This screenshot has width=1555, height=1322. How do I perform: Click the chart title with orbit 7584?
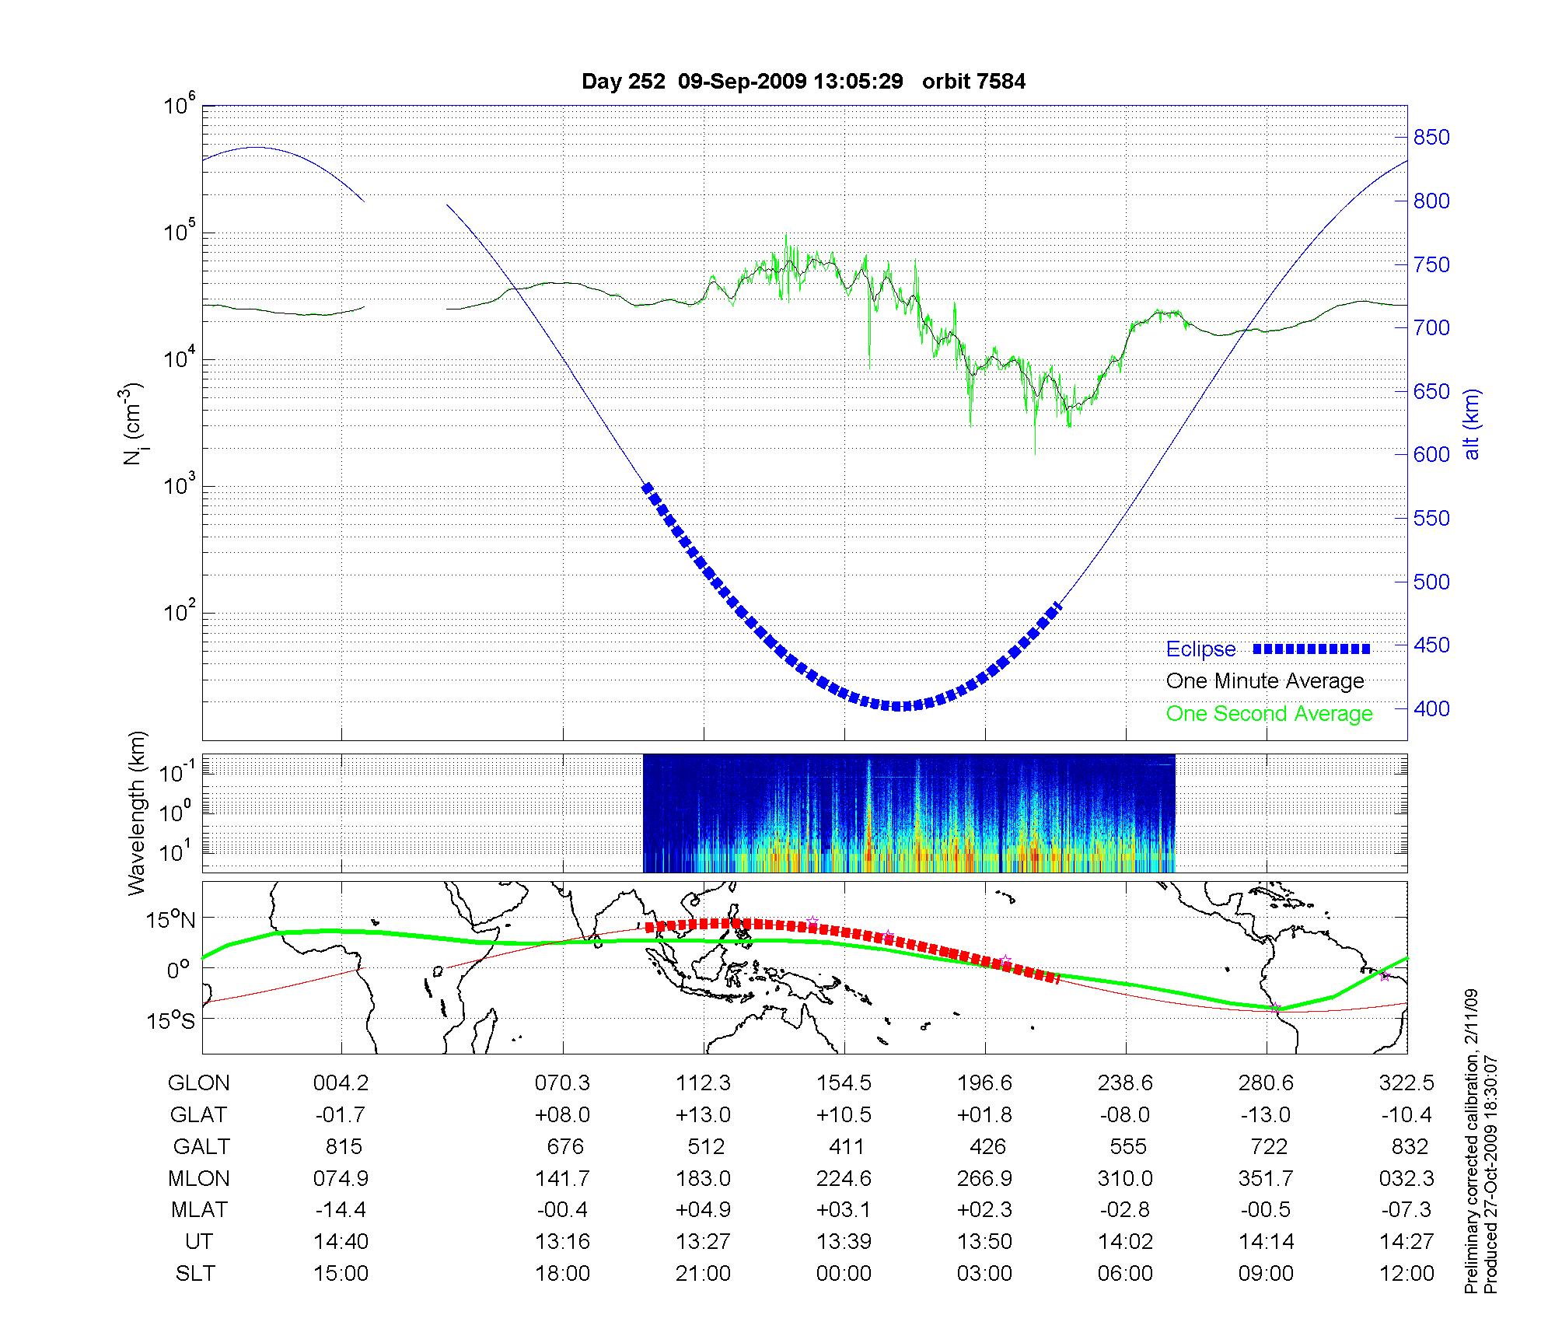(x=803, y=81)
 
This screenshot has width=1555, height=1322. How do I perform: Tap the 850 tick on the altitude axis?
(x=1431, y=138)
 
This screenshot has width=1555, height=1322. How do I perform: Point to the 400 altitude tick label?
(x=1431, y=708)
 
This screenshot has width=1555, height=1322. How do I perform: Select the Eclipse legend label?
(x=1200, y=649)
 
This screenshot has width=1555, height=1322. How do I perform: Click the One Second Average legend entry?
(x=1269, y=714)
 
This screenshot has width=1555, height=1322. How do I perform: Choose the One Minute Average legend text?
(x=1265, y=681)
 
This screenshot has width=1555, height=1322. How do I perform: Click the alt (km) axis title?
(x=1472, y=424)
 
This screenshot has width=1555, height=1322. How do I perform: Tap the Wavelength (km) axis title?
(x=138, y=813)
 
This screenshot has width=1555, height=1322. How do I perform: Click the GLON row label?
(x=198, y=1083)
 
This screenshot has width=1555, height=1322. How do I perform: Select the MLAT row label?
(x=199, y=1210)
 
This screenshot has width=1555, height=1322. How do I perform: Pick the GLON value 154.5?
(x=844, y=1083)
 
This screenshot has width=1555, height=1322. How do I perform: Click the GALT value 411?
(x=846, y=1147)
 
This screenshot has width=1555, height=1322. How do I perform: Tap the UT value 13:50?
(x=985, y=1242)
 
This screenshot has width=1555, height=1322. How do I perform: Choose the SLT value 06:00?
(x=1125, y=1274)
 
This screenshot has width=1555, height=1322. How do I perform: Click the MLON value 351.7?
(x=1266, y=1179)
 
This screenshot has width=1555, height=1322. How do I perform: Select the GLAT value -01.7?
(x=341, y=1115)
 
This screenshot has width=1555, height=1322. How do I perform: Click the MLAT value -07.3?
(x=1406, y=1210)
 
